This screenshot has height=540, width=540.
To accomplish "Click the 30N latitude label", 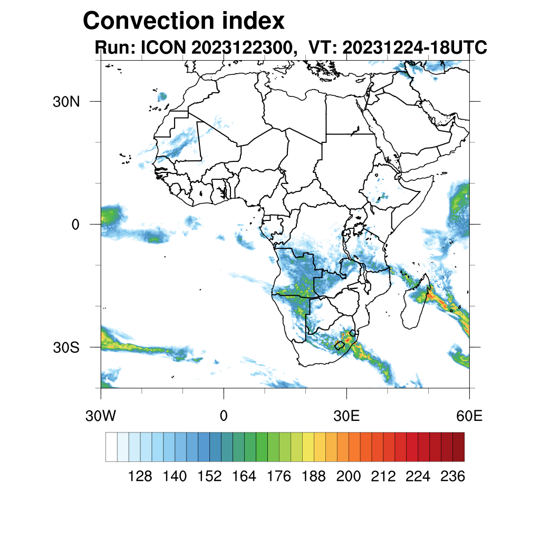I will coord(66,101).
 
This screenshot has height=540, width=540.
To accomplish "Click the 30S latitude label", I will coord(66,347).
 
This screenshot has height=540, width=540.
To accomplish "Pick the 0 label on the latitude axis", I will coord(75,224).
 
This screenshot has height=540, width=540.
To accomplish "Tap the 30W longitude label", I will coord(100,416).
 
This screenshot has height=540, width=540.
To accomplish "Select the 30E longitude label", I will coord(347,416).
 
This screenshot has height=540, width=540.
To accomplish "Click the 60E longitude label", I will coord(469,416).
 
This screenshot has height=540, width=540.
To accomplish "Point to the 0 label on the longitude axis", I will coord(224,416).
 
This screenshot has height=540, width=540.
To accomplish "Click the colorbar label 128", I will coord(140,477).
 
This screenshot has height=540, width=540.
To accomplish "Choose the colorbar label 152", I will coord(209,477).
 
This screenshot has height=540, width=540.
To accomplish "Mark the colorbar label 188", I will coord(314,477).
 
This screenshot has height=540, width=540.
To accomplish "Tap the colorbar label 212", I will coord(383,477).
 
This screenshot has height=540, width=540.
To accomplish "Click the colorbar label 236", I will coord(452,477).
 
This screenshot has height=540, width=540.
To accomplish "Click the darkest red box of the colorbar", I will coord(458,447).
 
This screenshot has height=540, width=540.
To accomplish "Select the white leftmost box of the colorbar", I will coord(111,447).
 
